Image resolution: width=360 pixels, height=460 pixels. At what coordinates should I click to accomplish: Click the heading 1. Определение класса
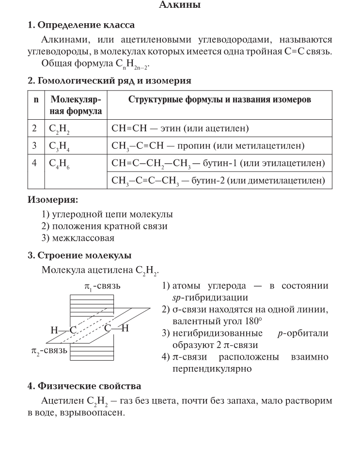tap(80, 25)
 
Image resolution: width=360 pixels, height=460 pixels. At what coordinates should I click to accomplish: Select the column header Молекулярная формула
tap(76, 105)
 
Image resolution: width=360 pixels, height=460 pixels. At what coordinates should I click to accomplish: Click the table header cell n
tap(35, 100)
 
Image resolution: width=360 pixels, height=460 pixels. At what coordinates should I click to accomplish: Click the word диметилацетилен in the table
tap(292, 181)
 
